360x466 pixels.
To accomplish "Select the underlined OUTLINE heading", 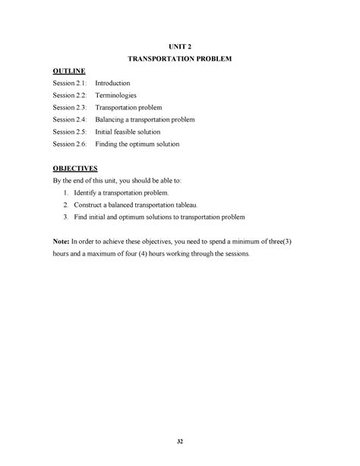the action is [x=68, y=71].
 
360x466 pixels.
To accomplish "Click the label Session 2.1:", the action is [x=70, y=82].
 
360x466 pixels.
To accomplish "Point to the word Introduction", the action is [x=115, y=82].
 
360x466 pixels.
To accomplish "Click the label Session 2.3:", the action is [x=70, y=107].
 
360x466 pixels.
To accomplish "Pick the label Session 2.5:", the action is [x=70, y=132].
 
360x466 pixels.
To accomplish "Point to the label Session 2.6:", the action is [x=70, y=144].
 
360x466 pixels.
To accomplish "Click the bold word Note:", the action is [x=61, y=241].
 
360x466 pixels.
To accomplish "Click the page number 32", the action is [x=180, y=441].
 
